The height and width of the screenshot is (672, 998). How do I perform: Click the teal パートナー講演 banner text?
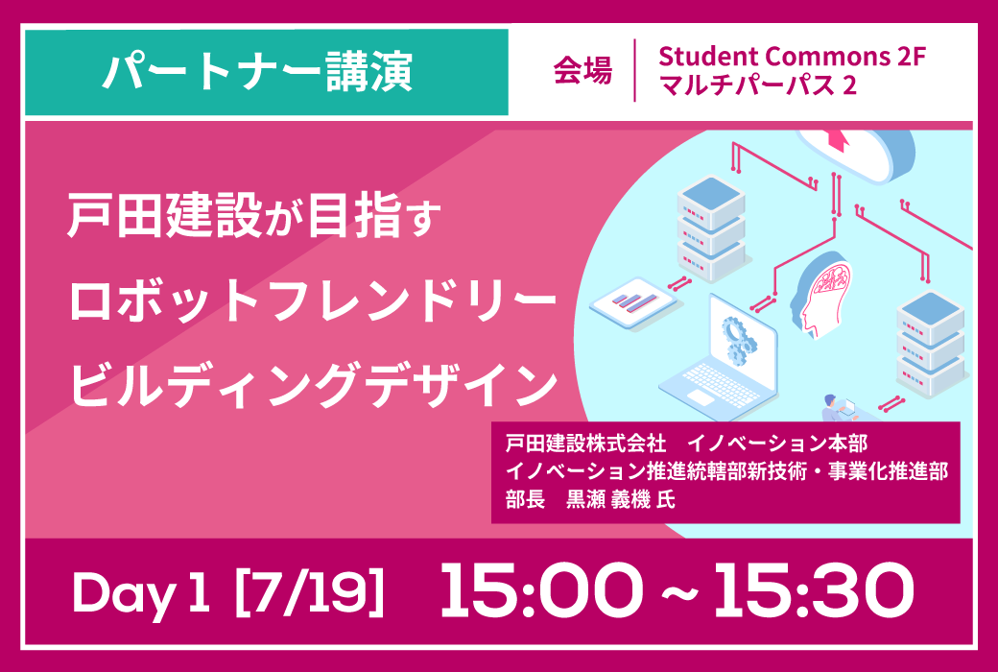coord(258,72)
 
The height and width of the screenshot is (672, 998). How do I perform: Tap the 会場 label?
coord(582,71)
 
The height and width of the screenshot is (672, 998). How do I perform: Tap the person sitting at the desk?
coord(833,408)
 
